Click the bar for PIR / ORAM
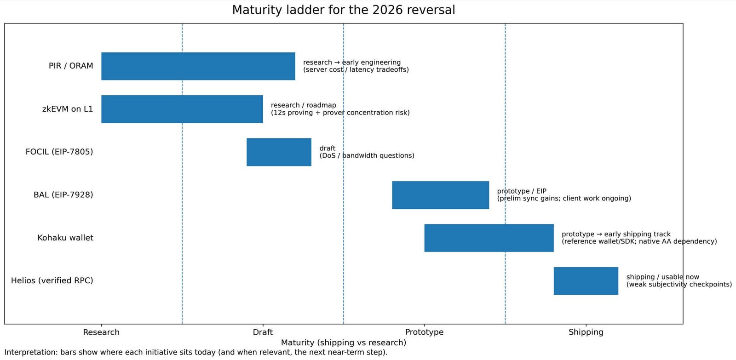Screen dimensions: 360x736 click(198, 66)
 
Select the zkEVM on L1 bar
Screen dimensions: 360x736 click(182, 109)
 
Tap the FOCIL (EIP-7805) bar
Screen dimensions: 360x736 click(279, 152)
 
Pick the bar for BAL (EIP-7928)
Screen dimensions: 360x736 click(440, 195)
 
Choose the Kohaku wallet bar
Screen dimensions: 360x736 click(489, 238)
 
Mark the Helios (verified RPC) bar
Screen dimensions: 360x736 click(586, 280)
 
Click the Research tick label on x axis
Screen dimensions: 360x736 click(101, 332)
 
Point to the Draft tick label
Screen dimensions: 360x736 click(263, 332)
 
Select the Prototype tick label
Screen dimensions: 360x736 click(424, 332)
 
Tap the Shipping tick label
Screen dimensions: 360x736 click(586, 332)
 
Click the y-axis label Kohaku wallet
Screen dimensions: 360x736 click(65, 238)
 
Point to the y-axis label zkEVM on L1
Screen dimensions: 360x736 click(68, 109)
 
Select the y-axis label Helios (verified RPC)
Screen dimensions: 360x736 click(52, 280)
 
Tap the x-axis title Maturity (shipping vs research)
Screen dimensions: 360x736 click(343, 343)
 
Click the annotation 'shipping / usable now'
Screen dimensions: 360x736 click(662, 277)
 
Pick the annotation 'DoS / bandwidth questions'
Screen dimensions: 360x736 click(367, 156)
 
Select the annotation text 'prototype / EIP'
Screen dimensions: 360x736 click(522, 191)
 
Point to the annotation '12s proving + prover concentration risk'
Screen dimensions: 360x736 click(340, 113)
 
